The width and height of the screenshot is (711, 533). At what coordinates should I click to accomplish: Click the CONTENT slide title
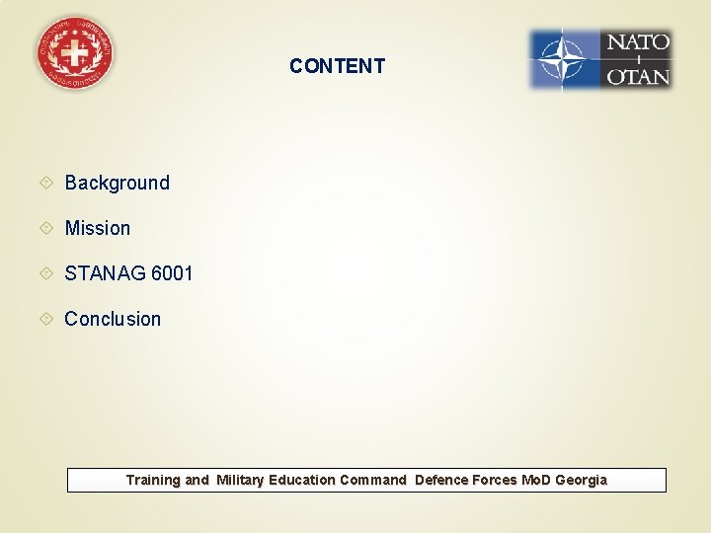(337, 66)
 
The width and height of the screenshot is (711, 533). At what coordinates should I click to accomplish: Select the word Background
(117, 183)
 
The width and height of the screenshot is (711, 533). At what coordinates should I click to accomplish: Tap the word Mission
(97, 228)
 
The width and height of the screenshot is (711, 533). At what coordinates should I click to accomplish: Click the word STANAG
(105, 273)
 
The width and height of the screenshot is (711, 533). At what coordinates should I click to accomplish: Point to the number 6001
(172, 273)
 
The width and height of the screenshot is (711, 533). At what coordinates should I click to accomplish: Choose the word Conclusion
(113, 319)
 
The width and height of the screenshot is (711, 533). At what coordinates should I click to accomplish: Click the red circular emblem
(74, 54)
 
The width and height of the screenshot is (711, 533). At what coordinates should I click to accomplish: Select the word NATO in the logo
(637, 42)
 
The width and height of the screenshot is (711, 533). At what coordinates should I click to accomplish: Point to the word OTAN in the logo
(637, 75)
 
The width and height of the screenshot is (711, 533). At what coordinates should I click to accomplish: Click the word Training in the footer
(153, 481)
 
